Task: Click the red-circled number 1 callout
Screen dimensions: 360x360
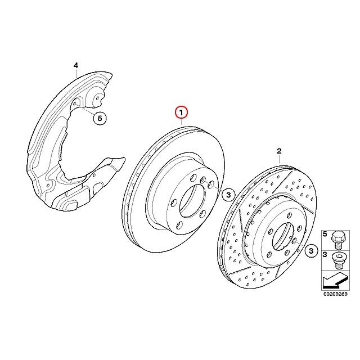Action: coord(181,112)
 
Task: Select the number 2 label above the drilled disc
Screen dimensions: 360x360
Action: coord(279,151)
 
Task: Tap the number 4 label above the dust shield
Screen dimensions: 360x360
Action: coord(76,66)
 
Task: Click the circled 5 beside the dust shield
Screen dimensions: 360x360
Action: coord(100,118)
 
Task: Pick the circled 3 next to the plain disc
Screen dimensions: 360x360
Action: coord(228,195)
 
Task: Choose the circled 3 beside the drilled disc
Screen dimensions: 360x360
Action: coord(311,250)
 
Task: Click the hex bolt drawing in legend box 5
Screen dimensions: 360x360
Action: coord(337,240)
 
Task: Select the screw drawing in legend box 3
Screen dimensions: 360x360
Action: coord(337,260)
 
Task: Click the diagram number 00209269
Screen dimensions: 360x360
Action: coord(335,294)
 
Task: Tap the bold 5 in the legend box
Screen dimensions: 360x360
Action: coord(325,234)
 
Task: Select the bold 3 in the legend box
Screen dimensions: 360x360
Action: coord(325,254)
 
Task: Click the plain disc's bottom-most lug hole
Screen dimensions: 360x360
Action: coord(179,225)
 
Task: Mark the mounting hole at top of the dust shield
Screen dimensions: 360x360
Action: coord(98,98)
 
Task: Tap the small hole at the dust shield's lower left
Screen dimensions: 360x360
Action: coord(48,185)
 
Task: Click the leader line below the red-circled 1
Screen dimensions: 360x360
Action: coord(181,122)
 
